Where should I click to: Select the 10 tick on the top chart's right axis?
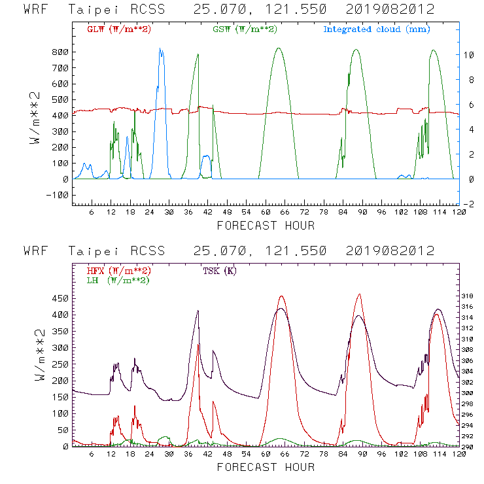click(x=467, y=55)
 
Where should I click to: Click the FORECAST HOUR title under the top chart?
click(x=265, y=226)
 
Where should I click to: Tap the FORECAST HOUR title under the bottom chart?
click(x=265, y=467)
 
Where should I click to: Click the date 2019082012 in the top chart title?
click(x=390, y=10)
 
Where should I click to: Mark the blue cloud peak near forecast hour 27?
click(x=161, y=48)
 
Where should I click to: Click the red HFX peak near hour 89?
click(x=359, y=294)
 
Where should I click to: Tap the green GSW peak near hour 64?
click(x=279, y=48)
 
